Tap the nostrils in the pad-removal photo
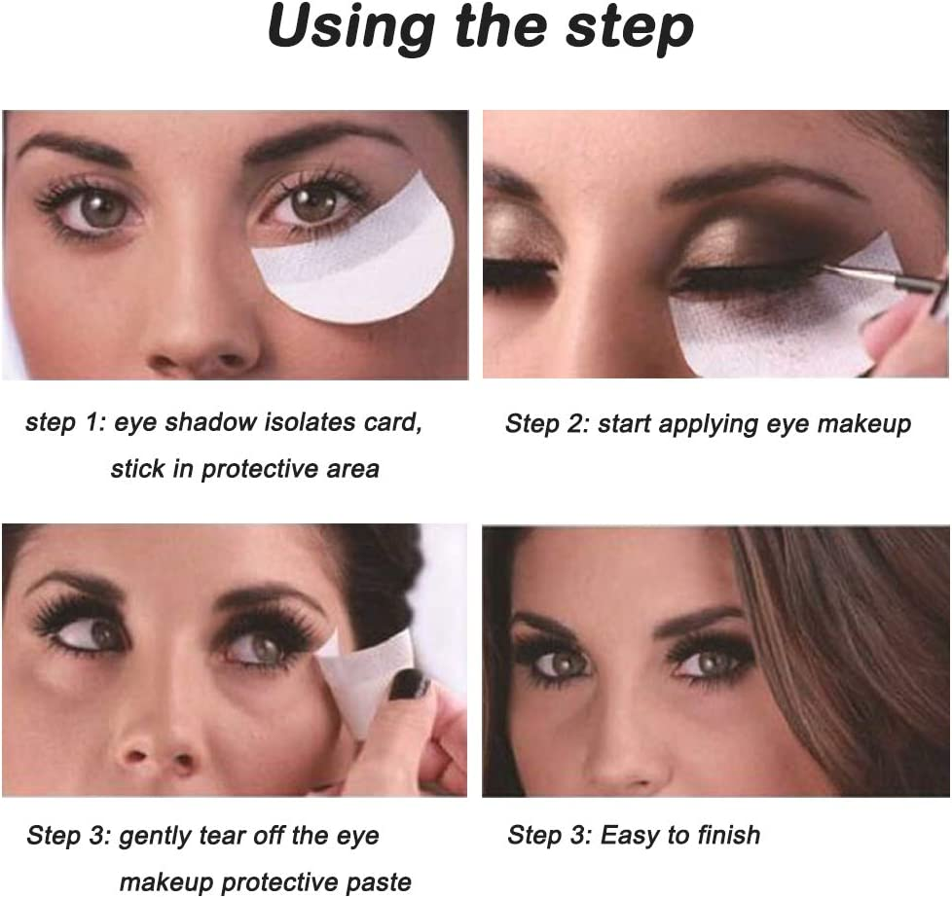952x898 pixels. coord(159,759)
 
